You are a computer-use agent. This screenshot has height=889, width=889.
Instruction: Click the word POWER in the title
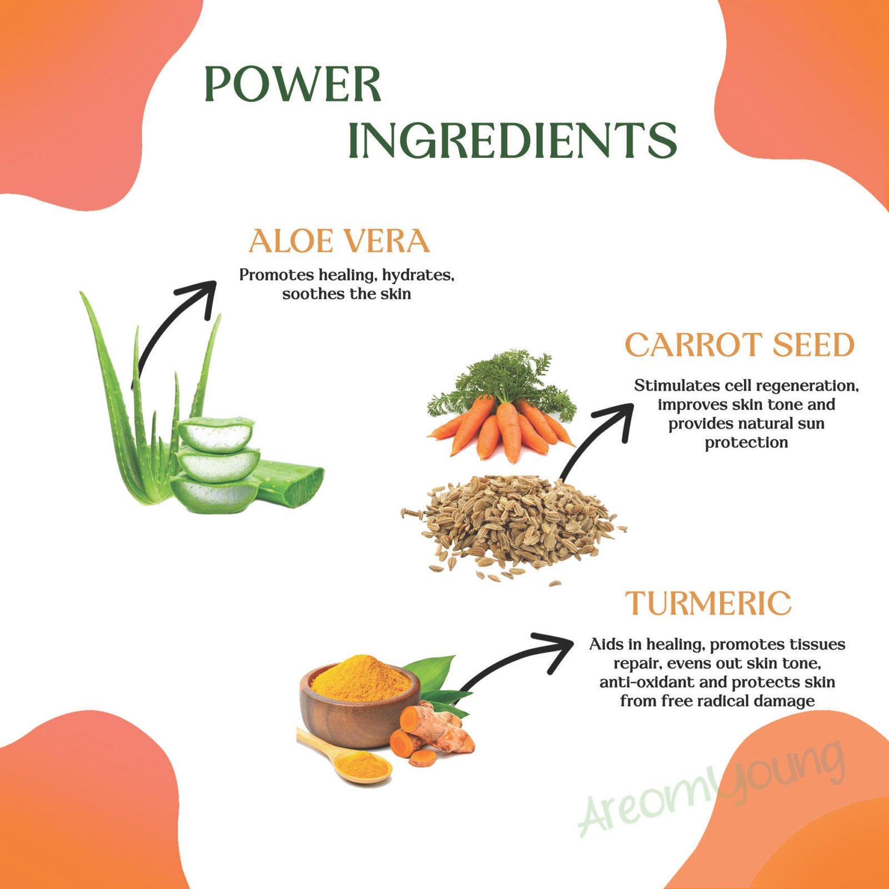point(293,84)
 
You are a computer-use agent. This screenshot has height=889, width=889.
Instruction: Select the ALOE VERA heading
point(339,241)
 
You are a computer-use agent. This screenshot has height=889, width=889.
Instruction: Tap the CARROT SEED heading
point(740,345)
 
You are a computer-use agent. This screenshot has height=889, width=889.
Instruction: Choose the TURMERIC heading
point(708,603)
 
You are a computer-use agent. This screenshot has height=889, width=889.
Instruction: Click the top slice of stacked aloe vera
point(216,434)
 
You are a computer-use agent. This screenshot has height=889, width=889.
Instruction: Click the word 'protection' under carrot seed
point(746,443)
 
